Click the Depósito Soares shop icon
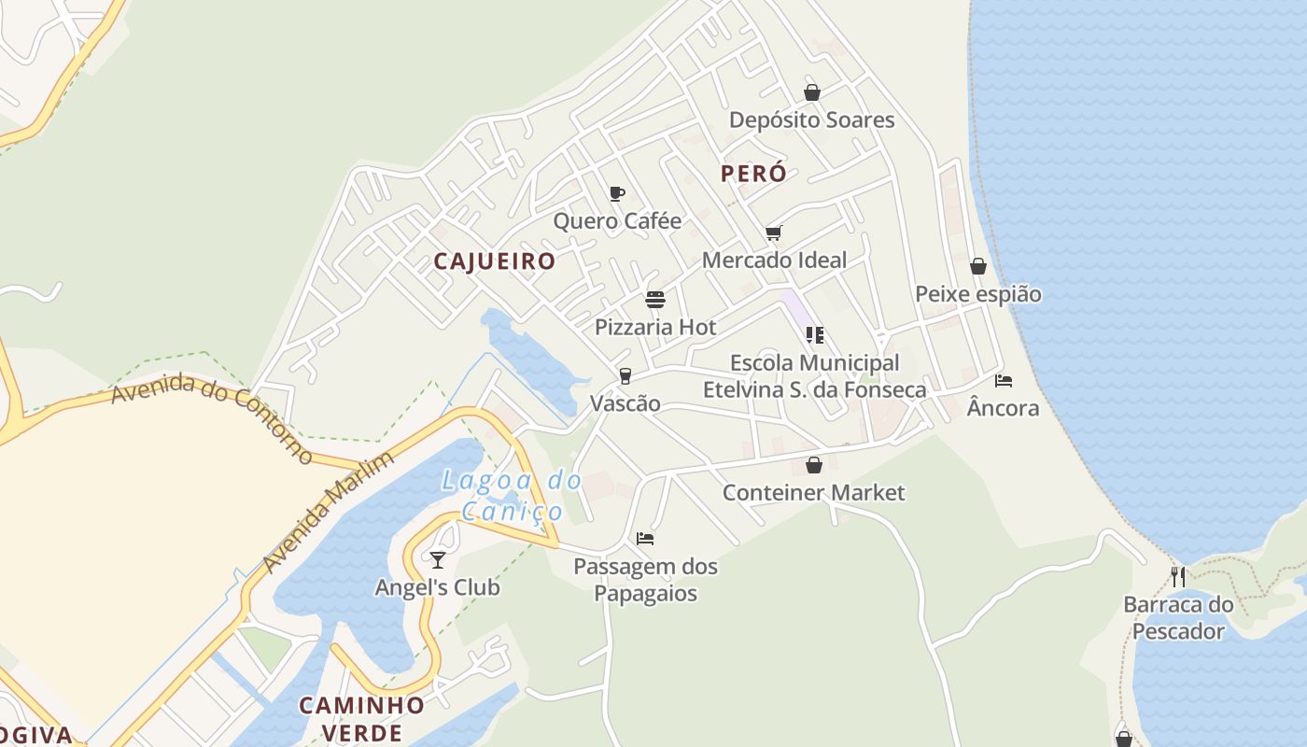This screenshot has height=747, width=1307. pyautogui.click(x=812, y=92)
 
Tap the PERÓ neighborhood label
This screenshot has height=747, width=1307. pyautogui.click(x=753, y=174)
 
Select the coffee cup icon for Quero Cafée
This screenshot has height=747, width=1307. pyautogui.click(x=616, y=193)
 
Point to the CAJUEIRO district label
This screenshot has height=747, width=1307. pyautogui.click(x=495, y=261)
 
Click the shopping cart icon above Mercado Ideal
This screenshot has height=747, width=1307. pyautogui.click(x=773, y=233)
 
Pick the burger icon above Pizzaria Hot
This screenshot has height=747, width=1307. pyautogui.click(x=655, y=300)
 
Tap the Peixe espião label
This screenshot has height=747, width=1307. pyautogui.click(x=977, y=294)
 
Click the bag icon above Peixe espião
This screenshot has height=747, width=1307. pyautogui.click(x=978, y=267)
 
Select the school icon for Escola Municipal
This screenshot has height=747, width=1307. pyautogui.click(x=814, y=334)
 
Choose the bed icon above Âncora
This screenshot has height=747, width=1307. pyautogui.click(x=1004, y=380)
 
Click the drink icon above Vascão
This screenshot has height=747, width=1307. pyautogui.click(x=625, y=376)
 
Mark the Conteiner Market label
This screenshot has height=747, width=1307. pyautogui.click(x=813, y=492)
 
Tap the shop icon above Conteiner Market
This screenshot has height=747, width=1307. pyautogui.click(x=814, y=465)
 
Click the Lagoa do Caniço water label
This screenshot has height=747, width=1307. pyautogui.click(x=513, y=496)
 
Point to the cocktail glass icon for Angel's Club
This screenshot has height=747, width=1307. pyautogui.click(x=437, y=559)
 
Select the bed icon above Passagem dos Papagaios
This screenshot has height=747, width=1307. pyautogui.click(x=645, y=538)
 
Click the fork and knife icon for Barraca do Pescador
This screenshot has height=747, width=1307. pyautogui.click(x=1178, y=576)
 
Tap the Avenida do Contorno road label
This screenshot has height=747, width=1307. pyautogui.click(x=213, y=416)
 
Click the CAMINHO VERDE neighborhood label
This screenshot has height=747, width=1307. pyautogui.click(x=362, y=718)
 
